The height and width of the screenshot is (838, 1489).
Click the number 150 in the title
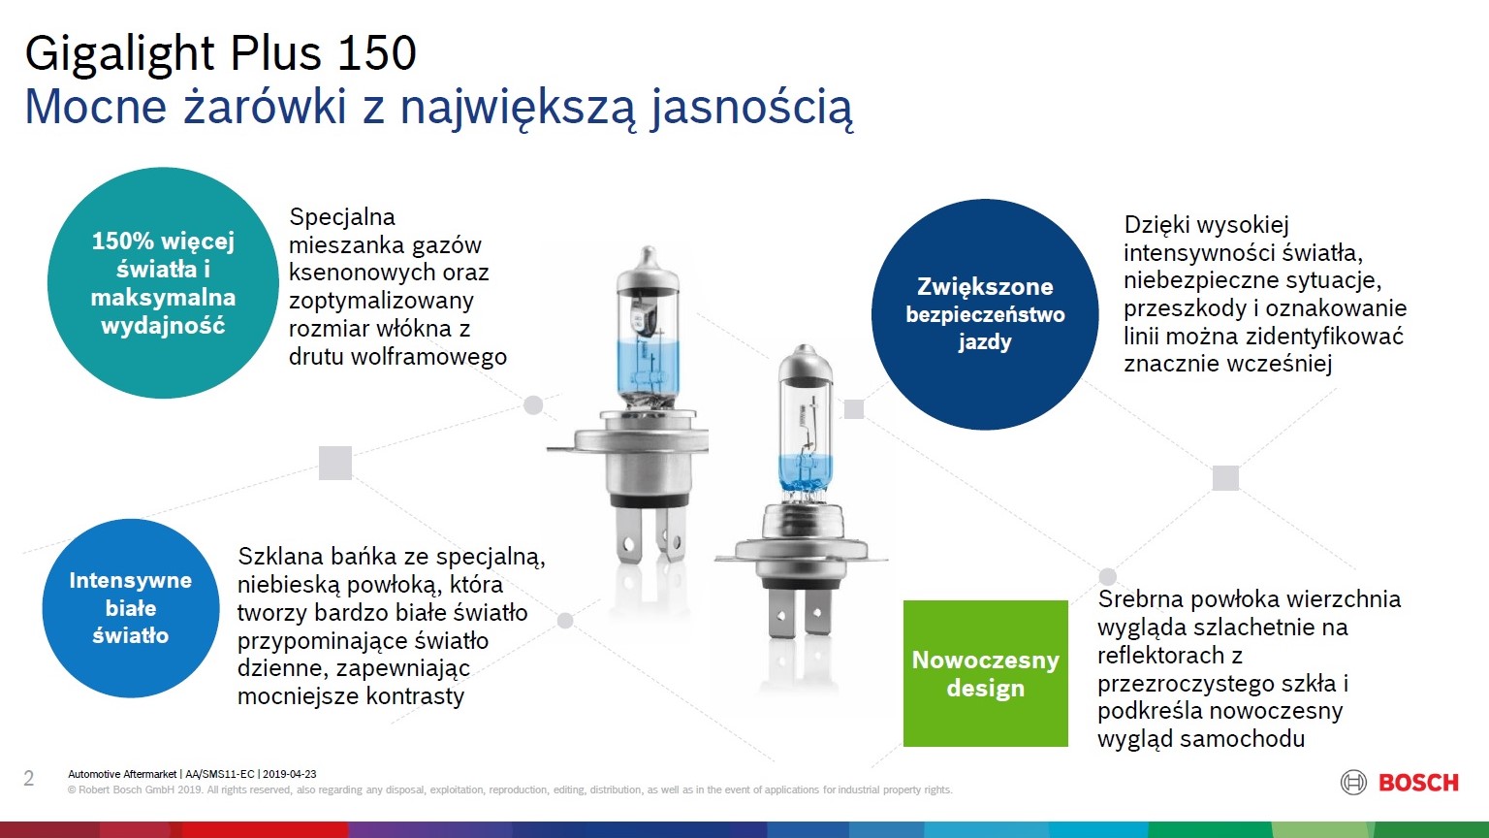click(376, 52)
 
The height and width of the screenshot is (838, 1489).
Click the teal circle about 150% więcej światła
click(163, 282)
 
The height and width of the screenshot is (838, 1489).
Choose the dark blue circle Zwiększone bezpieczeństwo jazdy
click(985, 314)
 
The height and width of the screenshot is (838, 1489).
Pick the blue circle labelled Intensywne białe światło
click(131, 608)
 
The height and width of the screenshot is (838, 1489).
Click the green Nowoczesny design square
click(985, 673)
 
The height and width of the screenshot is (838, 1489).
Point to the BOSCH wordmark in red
click(1418, 783)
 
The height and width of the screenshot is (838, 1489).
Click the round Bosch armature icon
click(1353, 783)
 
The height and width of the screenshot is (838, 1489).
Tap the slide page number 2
click(28, 778)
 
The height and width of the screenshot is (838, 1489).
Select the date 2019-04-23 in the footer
click(289, 774)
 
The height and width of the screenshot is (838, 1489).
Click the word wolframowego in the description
click(428, 357)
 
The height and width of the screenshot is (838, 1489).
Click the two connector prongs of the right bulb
click(800, 612)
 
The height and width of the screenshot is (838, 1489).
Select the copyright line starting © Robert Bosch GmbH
click(510, 790)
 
